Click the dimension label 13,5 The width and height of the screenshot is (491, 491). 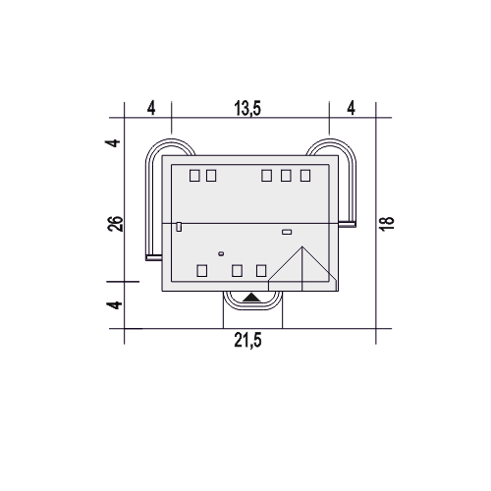pos(247,108)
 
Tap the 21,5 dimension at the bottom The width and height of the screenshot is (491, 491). pos(247,341)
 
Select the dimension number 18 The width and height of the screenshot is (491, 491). pos(387,224)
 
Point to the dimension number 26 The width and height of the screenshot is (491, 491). pos(115,224)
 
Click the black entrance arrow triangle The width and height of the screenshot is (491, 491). pos(251,297)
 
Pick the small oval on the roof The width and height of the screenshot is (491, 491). pos(221,253)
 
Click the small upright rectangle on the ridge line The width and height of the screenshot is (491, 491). pos(179,227)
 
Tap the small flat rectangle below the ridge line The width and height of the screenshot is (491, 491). pos(287,232)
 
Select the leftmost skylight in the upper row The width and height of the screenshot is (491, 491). pos(194,176)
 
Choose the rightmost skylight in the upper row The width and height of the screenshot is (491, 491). pos(305,176)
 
